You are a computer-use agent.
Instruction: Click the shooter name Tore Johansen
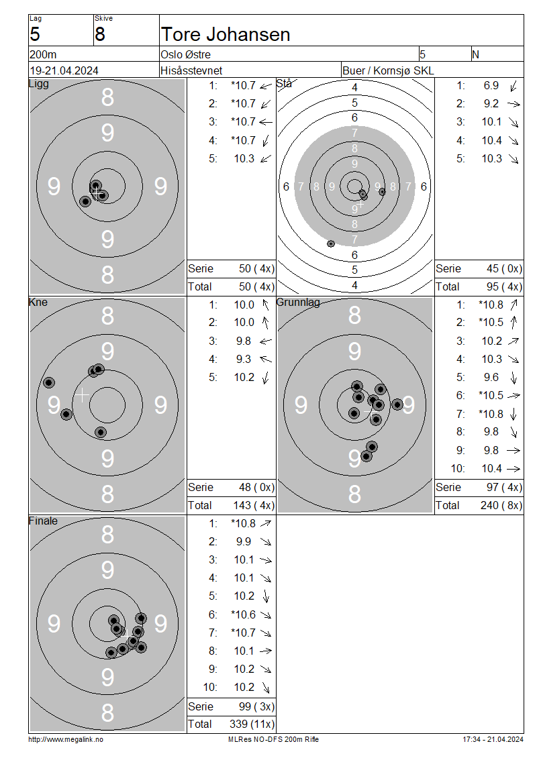[x=226, y=35]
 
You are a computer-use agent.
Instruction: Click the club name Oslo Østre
[x=186, y=54]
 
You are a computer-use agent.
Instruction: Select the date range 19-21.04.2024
[x=64, y=70]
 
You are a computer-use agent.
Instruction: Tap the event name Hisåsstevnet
[x=191, y=70]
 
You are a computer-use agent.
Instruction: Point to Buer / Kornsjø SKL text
[x=388, y=70]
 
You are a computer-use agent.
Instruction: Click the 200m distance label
[x=43, y=54]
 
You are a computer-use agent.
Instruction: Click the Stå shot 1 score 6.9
[x=491, y=86]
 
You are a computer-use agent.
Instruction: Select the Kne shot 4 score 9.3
[x=244, y=359]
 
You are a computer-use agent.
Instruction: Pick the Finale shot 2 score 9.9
[x=244, y=541]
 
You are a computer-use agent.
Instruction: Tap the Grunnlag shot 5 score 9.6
[x=491, y=377]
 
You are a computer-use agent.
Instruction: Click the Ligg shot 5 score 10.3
[x=244, y=158]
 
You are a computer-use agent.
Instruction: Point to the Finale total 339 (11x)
[x=252, y=724]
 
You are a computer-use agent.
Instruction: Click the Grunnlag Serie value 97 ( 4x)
[x=504, y=487]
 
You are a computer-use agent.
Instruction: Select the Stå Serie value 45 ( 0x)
[x=504, y=269]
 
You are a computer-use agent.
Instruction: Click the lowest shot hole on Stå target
[x=331, y=243]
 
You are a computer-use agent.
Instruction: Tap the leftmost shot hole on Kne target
[x=49, y=383]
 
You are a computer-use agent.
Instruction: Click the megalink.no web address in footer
[x=66, y=739]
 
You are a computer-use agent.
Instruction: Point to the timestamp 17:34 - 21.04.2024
[x=493, y=739]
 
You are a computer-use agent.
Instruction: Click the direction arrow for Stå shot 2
[x=514, y=104]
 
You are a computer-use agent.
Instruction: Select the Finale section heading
[x=43, y=521]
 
